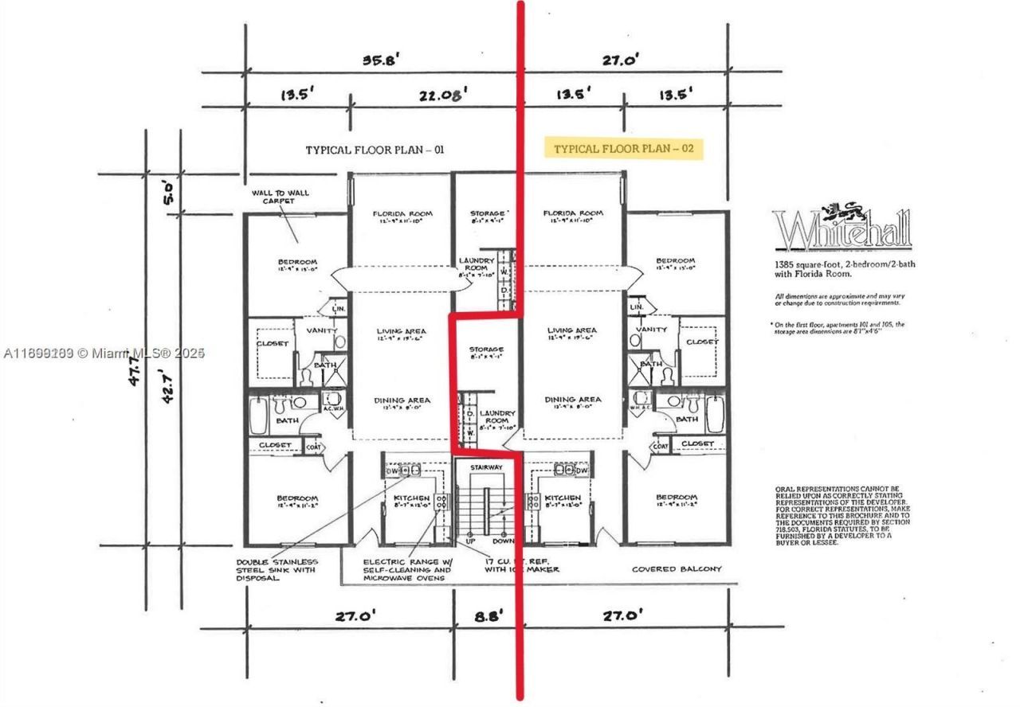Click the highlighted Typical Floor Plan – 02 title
click(x=622, y=149)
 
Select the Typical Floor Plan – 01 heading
click(x=375, y=150)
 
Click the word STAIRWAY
click(x=486, y=467)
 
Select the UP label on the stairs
click(x=470, y=541)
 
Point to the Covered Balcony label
click(x=676, y=569)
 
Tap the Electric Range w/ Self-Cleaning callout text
click(x=407, y=570)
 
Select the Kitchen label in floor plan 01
click(x=412, y=498)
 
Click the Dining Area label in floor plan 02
click(x=572, y=400)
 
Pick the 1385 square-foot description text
click(x=844, y=268)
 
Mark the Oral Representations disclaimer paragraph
click(x=834, y=515)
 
